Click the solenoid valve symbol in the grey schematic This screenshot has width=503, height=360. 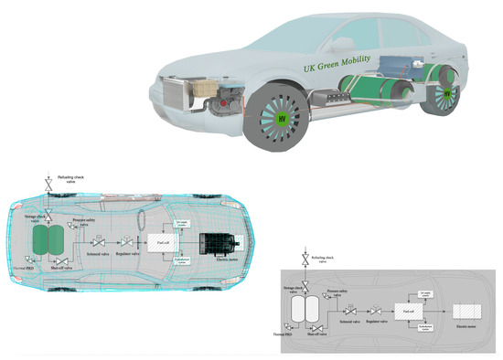pyautogui.click(x=348, y=313)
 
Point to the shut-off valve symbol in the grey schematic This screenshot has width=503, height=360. pyautogui.click(x=315, y=333)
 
